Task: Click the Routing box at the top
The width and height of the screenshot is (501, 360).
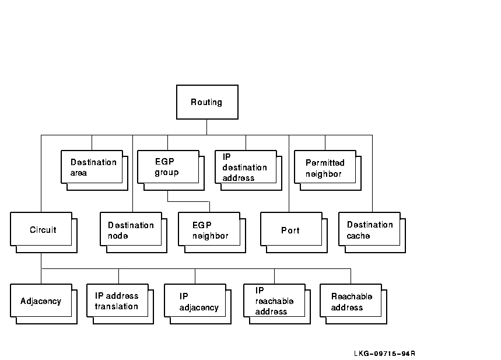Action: click(x=207, y=102)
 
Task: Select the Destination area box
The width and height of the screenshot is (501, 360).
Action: click(x=92, y=167)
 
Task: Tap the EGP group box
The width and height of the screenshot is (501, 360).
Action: click(x=168, y=167)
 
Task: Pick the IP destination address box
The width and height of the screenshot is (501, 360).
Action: click(x=246, y=167)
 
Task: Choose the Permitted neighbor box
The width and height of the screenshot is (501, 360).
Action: click(x=325, y=167)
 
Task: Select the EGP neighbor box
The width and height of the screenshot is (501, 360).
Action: click(x=209, y=230)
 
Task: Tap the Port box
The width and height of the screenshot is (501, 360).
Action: click(x=290, y=230)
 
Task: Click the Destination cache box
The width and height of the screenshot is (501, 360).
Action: click(x=370, y=230)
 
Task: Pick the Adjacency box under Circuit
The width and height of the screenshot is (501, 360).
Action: click(x=41, y=301)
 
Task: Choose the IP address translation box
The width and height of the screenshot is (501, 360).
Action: click(x=117, y=301)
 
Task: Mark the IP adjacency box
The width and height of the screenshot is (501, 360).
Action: click(x=195, y=301)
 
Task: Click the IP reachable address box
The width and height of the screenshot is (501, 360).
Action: click(x=274, y=301)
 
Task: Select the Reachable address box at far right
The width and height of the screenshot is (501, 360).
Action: click(x=351, y=301)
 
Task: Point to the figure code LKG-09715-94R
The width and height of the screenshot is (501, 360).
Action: click(x=384, y=353)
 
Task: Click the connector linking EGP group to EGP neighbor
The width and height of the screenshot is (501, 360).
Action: click(x=188, y=202)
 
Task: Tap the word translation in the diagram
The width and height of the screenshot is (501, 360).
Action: click(x=117, y=306)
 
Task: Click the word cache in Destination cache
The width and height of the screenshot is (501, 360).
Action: click(x=359, y=236)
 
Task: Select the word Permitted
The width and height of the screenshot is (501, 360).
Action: click(x=325, y=163)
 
